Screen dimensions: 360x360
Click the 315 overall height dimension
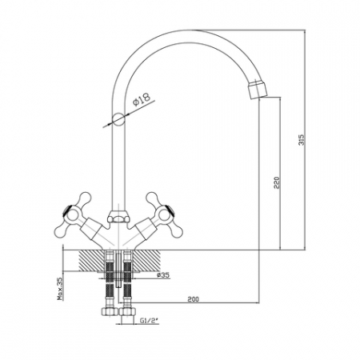click(x=302, y=139)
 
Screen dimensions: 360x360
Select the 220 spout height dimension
click(x=277, y=182)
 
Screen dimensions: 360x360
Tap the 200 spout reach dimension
click(x=193, y=299)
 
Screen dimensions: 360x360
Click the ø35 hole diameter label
click(x=163, y=275)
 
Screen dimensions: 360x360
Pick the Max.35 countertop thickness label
click(x=60, y=289)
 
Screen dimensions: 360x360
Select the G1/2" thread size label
click(x=149, y=321)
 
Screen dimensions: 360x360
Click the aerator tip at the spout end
click(x=258, y=90)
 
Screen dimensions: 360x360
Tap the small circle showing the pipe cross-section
click(x=118, y=118)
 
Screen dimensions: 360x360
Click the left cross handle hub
click(x=73, y=215)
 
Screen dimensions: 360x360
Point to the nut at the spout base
click(x=118, y=216)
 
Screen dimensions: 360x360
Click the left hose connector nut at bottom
click(x=110, y=311)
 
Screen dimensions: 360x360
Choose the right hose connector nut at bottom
click(x=128, y=311)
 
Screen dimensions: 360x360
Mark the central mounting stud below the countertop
click(x=119, y=269)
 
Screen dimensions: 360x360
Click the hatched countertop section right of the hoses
click(x=146, y=261)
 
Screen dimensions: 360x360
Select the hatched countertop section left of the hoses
click(x=92, y=261)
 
